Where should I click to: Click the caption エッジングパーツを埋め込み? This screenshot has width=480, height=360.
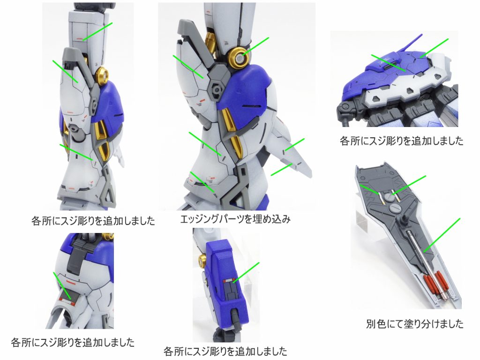tap(235, 219)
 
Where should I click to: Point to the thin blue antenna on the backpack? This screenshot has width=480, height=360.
tap(413, 45)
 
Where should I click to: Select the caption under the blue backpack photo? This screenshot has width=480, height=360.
tap(402, 141)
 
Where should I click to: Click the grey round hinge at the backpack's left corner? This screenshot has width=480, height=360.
tap(347, 106)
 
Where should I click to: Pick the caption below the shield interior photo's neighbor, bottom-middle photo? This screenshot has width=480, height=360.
tap(225, 350)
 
